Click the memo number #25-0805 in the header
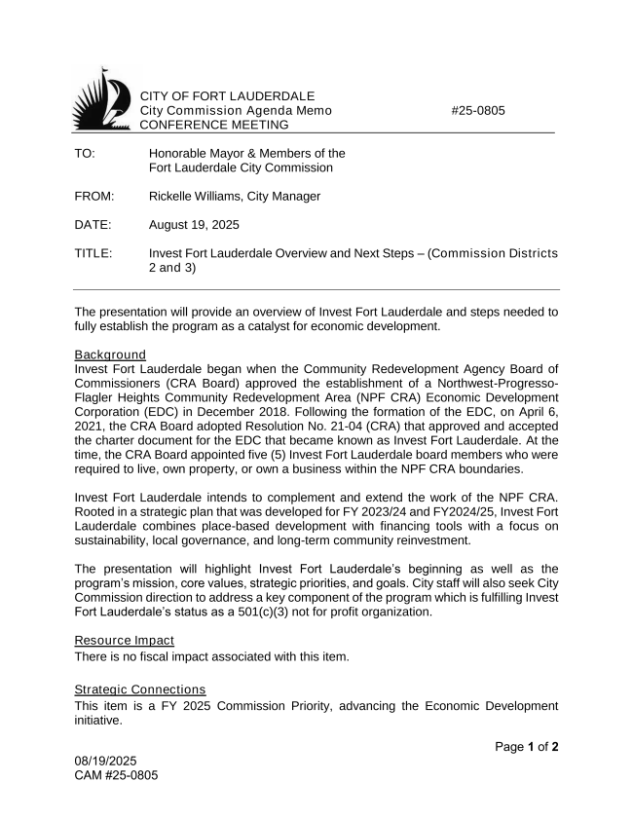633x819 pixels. pyautogui.click(x=478, y=111)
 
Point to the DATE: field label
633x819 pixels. pyautogui.click(x=93, y=225)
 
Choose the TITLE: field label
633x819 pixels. pyautogui.click(x=93, y=254)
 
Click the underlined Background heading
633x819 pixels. pyautogui.click(x=110, y=354)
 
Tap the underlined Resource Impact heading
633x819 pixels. pyautogui.click(x=126, y=642)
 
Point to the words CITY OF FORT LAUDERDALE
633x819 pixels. pyautogui.click(x=228, y=96)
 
